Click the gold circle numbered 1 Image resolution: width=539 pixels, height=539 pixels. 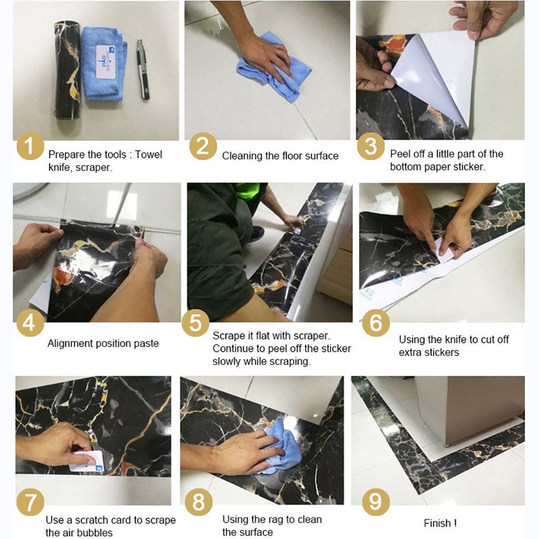30,146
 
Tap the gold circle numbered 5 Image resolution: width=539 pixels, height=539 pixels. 195,323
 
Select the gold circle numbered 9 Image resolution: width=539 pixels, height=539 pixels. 375,501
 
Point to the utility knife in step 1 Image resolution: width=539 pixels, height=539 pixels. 143,69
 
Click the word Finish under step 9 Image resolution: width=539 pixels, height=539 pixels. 437,523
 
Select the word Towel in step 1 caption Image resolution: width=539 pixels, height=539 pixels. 148,154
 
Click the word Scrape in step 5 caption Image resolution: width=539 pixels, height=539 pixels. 227,335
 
